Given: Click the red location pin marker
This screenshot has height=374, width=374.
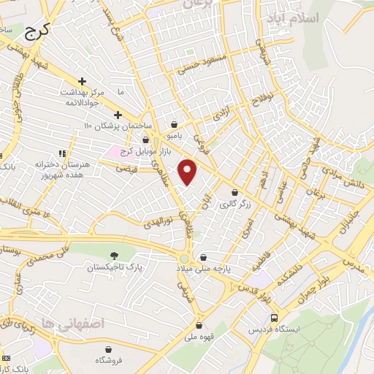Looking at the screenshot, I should (x=188, y=172).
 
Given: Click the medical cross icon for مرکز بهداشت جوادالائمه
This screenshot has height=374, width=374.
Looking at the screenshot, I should (x=82, y=81).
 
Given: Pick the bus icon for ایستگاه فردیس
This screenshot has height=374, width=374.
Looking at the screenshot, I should (x=274, y=318).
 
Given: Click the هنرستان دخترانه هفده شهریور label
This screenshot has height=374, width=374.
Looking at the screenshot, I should (x=41, y=171).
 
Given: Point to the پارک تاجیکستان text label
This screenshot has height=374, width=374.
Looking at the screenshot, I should (x=113, y=268).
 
